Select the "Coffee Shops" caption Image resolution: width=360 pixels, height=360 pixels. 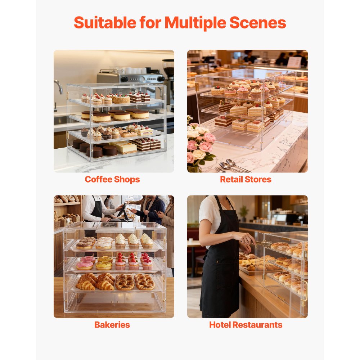point(112,179)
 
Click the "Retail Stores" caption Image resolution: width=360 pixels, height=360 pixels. point(246,179)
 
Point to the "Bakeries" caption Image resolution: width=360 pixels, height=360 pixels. point(112,325)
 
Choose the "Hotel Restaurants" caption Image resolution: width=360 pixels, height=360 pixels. point(246,325)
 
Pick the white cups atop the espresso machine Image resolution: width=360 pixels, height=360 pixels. point(126,70)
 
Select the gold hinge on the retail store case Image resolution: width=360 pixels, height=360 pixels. point(197,87)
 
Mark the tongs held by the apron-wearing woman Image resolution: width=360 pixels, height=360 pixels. point(263,243)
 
